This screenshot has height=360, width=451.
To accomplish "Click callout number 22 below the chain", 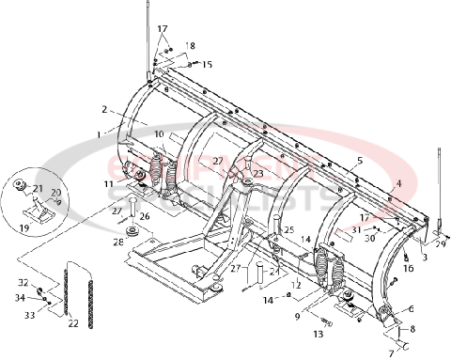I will coord(73,324).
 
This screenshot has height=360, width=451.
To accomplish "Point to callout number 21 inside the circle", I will coord(38,189).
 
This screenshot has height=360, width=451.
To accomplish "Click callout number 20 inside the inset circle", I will coord(55,193).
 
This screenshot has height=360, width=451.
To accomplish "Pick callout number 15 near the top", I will coord(207,64).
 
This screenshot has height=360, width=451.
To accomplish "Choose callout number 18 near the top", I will coord(191,46).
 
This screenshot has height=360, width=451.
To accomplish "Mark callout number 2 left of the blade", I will coord(105,109).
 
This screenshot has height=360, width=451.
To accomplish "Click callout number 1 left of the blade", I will coord(97,134).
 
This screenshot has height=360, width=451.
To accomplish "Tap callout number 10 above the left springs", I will coord(160,135).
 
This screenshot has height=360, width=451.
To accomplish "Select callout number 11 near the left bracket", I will coord(109,185).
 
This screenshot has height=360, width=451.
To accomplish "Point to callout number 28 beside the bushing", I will coord(119,243).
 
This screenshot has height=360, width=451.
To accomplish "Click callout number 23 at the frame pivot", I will coord(257,174).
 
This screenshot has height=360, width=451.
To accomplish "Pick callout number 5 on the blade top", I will coord(358,162).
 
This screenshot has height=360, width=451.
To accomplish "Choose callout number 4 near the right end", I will coord(398,183).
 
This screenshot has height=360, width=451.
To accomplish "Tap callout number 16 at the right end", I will coord(409,268).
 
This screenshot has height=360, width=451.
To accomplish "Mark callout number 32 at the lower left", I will coord(22,282).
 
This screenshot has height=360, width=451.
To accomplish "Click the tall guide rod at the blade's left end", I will coord(148,38).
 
